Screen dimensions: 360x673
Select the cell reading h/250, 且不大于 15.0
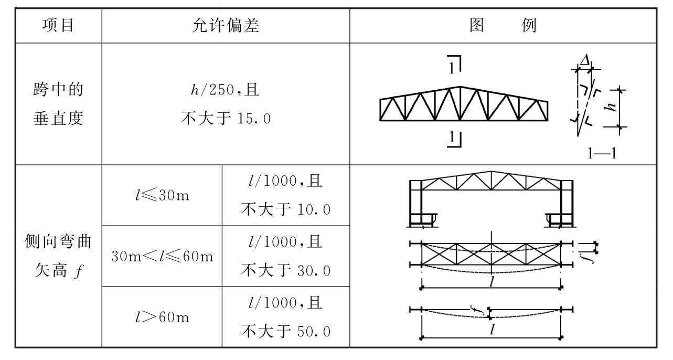click(226, 104)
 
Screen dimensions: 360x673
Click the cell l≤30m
click(162, 196)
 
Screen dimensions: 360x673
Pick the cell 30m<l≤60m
click(162, 257)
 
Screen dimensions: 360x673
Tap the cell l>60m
click(162, 317)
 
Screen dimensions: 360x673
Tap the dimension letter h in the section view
click(610, 107)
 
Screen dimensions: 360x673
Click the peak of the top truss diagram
click(460, 87)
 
